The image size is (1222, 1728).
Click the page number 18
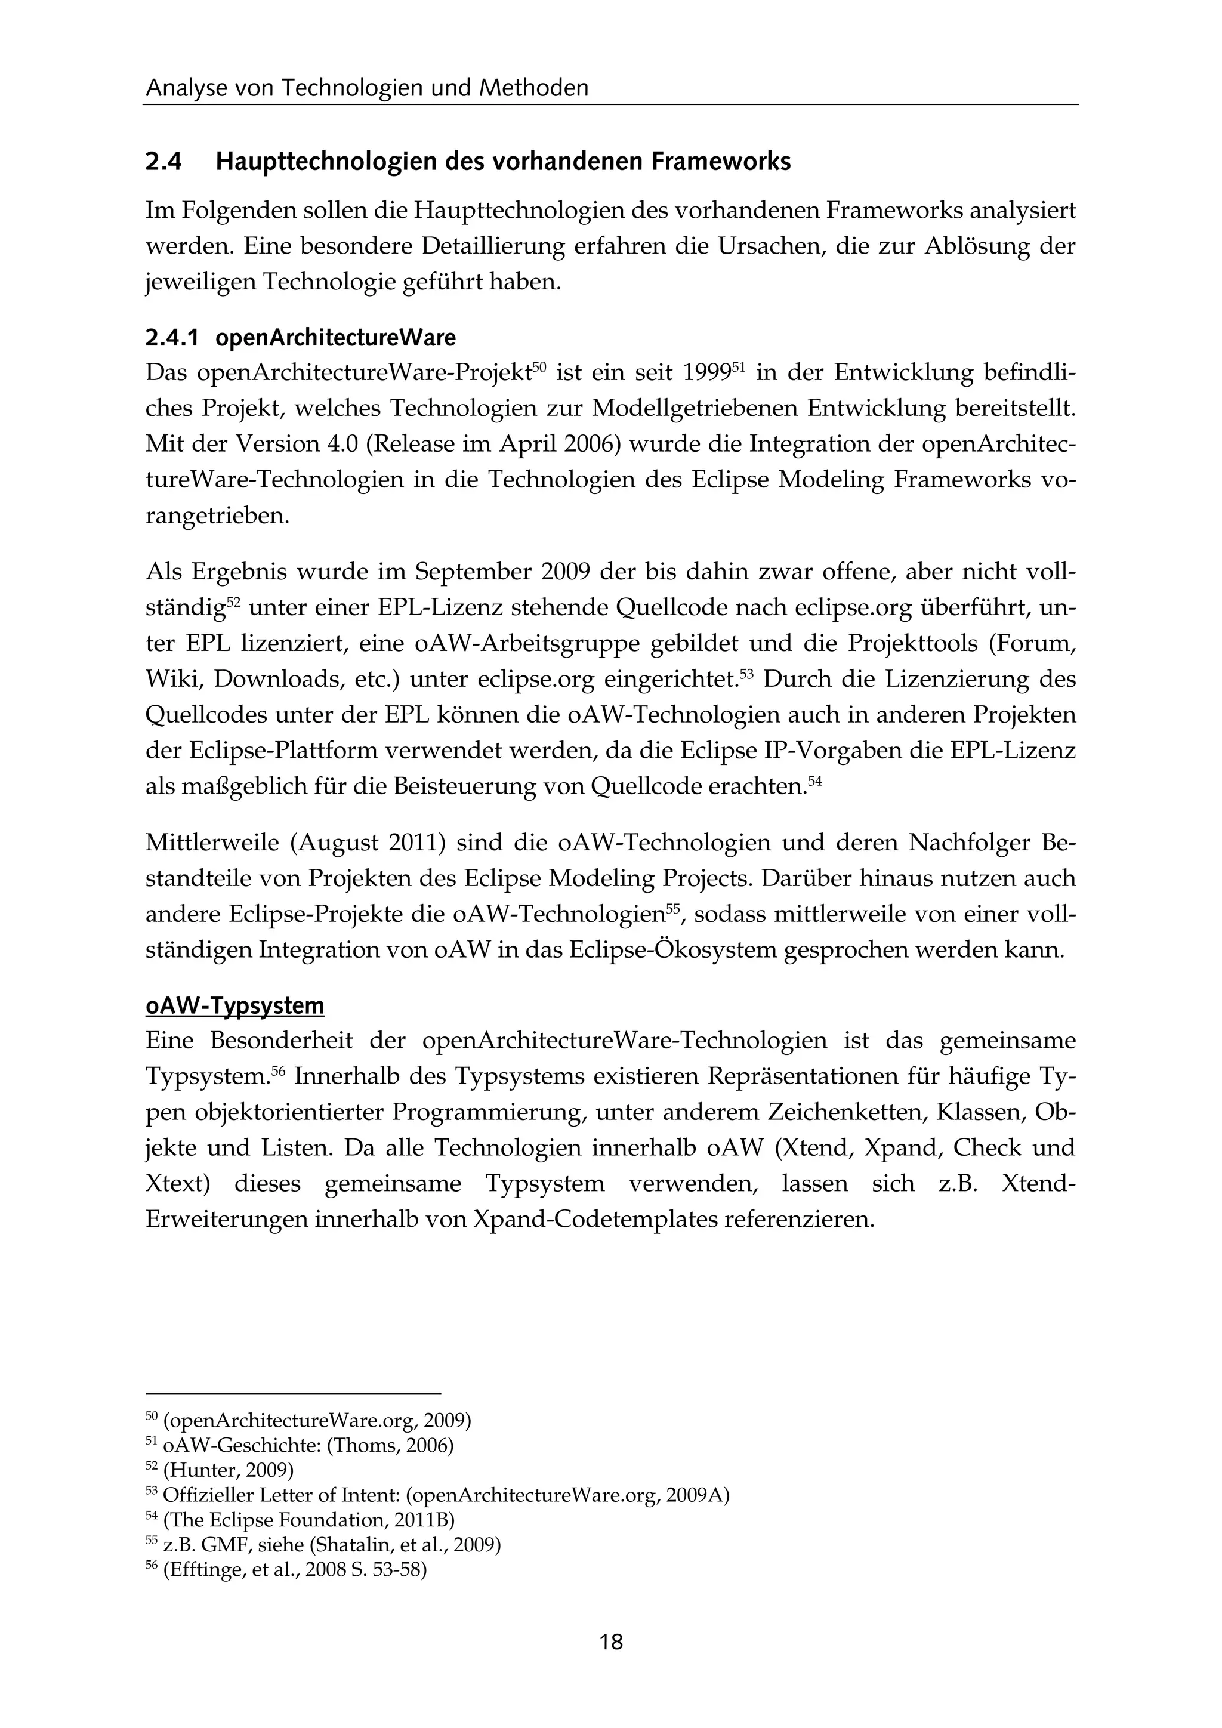pyautogui.click(x=611, y=1641)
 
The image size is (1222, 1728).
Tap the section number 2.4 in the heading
pyautogui.click(x=163, y=162)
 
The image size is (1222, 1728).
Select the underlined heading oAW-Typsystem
pyautogui.click(x=234, y=1005)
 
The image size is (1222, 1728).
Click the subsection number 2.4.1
pyautogui.click(x=172, y=338)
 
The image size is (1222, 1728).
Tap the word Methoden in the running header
pyautogui.click(x=533, y=89)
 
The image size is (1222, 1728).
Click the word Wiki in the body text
pyautogui.click(x=172, y=680)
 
